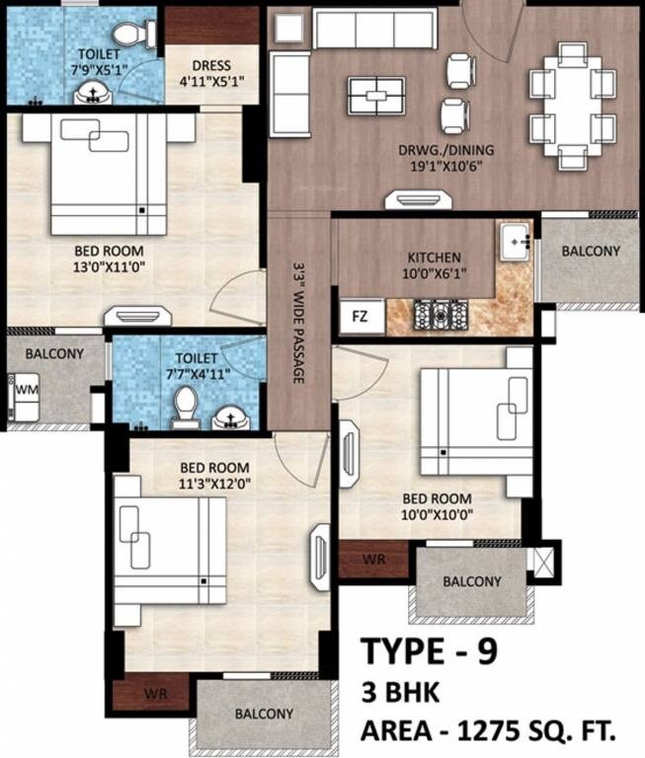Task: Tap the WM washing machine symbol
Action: [25, 390]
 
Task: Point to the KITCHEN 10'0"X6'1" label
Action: [415, 265]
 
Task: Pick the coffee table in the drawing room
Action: [375, 96]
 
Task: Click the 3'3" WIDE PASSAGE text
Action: [297, 322]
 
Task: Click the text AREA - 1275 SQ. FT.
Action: [486, 731]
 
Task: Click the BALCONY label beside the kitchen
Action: [591, 251]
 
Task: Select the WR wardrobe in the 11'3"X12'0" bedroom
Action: [153, 694]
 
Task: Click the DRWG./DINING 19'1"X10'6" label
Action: [446, 158]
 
